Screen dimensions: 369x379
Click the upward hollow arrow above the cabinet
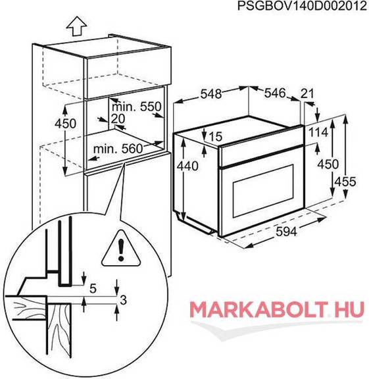[76, 26]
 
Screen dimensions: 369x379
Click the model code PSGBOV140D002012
[302, 7]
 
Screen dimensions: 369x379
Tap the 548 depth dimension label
[211, 94]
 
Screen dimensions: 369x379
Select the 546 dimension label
[275, 93]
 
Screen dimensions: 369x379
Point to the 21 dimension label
[307, 93]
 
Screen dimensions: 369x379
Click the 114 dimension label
[318, 132]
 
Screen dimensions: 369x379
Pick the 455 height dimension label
[345, 182]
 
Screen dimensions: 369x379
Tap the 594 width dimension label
[286, 232]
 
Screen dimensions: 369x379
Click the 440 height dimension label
[187, 166]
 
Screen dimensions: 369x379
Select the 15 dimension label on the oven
[216, 137]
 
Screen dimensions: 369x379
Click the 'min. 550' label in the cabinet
[136, 107]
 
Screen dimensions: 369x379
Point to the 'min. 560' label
[118, 149]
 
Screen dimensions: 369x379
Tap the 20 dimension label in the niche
[118, 118]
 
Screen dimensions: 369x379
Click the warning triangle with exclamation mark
[121, 249]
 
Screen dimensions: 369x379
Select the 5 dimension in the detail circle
[93, 289]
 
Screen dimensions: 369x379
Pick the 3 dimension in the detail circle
[123, 300]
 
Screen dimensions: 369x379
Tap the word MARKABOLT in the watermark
[259, 309]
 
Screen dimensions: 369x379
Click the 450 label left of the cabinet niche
[65, 124]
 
